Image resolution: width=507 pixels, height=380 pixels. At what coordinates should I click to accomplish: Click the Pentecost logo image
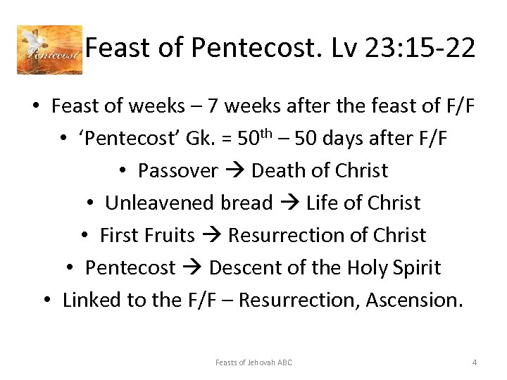[x=49, y=50]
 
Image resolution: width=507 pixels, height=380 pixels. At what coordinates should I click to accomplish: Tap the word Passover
[x=178, y=171]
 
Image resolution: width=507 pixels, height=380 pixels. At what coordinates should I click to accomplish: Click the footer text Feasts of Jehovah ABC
[x=254, y=362]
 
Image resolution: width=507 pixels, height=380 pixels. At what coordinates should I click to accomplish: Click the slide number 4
[x=475, y=362]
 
